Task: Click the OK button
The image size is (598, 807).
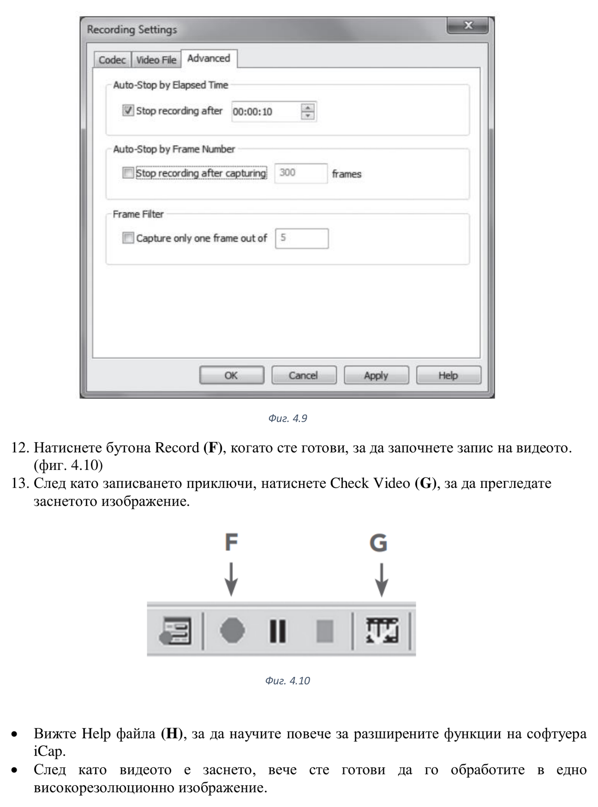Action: point(231,375)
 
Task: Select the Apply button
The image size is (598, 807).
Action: point(376,375)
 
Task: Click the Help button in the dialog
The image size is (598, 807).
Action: point(448,375)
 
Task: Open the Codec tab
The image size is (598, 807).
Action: point(112,60)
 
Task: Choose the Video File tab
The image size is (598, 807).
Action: point(156,60)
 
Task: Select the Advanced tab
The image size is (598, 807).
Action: point(209,59)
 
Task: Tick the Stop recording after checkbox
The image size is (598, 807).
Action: point(128,110)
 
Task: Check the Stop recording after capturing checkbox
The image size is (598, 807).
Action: point(128,173)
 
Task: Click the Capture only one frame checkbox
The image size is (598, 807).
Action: point(128,238)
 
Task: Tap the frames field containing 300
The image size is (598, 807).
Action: point(300,173)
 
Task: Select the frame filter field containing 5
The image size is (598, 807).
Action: point(301,238)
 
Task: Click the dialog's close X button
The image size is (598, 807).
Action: point(468,25)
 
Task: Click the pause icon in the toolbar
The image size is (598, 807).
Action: point(278,631)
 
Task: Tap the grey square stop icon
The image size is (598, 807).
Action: point(325,631)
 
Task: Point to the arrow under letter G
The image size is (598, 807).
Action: point(381,579)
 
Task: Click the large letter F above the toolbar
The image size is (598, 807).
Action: point(231,542)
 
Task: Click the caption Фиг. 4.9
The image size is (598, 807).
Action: point(287,419)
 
